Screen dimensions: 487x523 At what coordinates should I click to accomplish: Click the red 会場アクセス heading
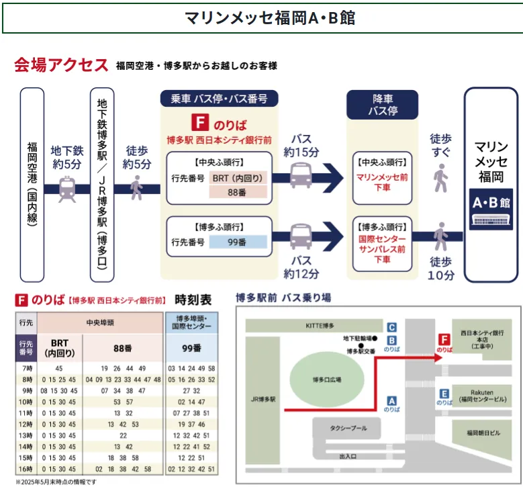pyautogui.click(x=61, y=65)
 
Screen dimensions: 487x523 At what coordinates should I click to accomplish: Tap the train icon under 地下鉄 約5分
pyautogui.click(x=67, y=189)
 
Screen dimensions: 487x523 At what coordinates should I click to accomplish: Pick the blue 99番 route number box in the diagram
pyautogui.click(x=238, y=242)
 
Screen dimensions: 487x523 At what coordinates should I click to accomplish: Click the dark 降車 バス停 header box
pyautogui.click(x=381, y=105)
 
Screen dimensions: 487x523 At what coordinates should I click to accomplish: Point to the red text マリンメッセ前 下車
pyautogui.click(x=381, y=183)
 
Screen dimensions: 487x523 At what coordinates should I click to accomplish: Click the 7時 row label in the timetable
pyautogui.click(x=26, y=368)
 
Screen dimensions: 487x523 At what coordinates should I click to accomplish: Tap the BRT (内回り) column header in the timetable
pyautogui.click(x=59, y=347)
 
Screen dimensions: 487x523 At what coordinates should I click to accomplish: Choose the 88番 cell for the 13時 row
pyautogui.click(x=123, y=435)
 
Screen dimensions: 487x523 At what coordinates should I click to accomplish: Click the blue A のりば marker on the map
pyautogui.click(x=392, y=402)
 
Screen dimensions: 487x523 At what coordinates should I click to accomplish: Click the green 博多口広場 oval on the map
pyautogui.click(x=328, y=380)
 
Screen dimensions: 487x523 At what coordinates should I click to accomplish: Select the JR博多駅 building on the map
pyautogui.click(x=263, y=400)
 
